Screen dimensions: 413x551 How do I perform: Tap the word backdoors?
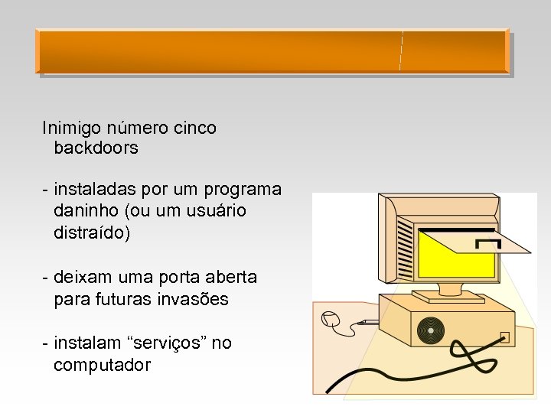96,148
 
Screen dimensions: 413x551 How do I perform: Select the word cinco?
194,128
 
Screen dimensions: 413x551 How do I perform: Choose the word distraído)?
93,232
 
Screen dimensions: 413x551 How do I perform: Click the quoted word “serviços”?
169,343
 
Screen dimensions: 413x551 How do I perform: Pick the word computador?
102,366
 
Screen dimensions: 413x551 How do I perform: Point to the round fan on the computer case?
430,330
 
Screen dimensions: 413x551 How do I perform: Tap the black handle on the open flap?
488,244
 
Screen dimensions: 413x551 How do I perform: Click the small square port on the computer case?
504,337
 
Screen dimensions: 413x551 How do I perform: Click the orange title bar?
272,51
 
